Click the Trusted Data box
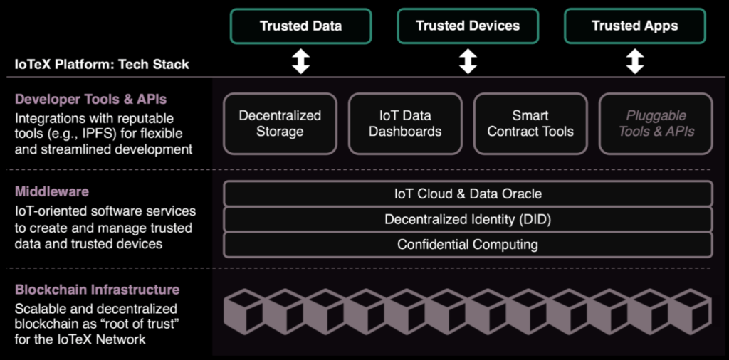(300, 26)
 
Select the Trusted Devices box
(468, 26)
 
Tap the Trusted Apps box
(634, 26)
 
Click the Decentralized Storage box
(280, 123)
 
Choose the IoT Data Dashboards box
(405, 123)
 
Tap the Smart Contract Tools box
(530, 123)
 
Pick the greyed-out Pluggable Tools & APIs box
(656, 123)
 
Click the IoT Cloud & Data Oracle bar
(468, 194)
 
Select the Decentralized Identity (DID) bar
(468, 219)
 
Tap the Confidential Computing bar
(468, 245)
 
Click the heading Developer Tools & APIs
(90, 99)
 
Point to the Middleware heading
(51, 192)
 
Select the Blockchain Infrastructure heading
(97, 290)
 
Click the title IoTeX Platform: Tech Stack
(102, 64)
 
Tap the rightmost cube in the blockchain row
(690, 312)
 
